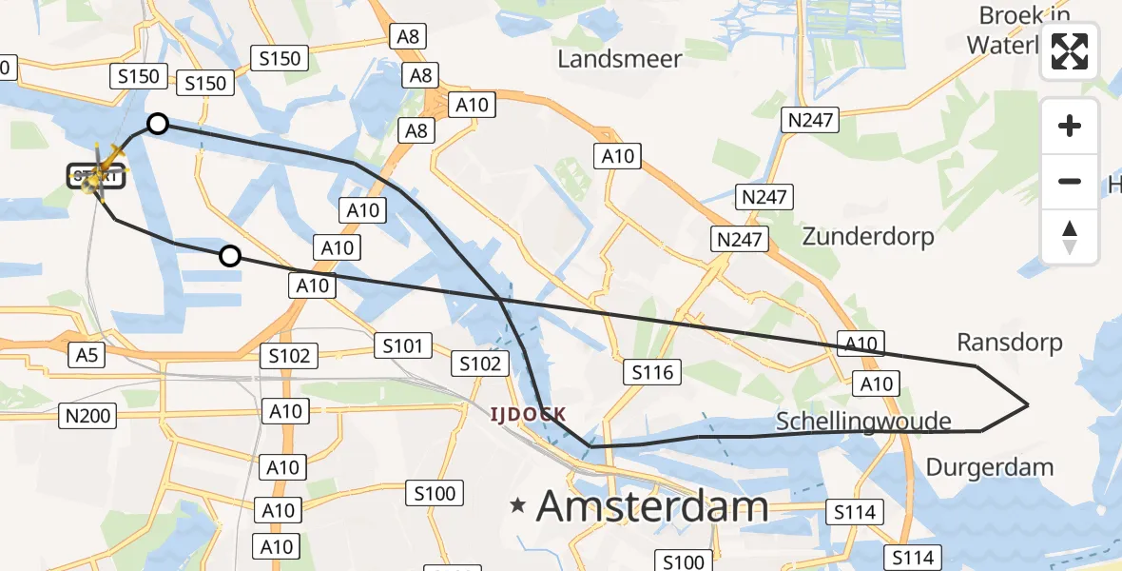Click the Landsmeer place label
click(620, 59)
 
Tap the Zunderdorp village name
click(868, 236)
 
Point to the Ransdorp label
click(1010, 342)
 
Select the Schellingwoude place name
click(863, 421)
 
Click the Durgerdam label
click(990, 467)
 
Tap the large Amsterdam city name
click(652, 506)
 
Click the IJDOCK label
click(529, 414)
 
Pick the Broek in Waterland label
click(1022, 30)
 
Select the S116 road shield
click(653, 372)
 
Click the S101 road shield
click(402, 345)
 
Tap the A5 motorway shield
click(87, 355)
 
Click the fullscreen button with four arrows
click(1070, 53)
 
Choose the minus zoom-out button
click(1070, 181)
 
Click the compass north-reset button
click(1070, 237)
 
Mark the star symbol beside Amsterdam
click(518, 505)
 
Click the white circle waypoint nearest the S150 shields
click(158, 124)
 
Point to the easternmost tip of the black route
click(1028, 404)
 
